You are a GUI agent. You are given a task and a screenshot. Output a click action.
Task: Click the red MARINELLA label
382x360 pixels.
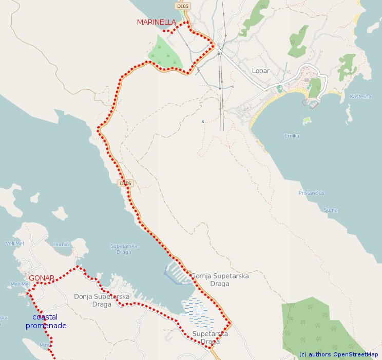tap(156, 22)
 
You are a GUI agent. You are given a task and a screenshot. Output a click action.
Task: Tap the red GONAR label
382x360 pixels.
tap(42, 278)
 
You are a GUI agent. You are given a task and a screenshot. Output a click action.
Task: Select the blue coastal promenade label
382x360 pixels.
tap(46, 321)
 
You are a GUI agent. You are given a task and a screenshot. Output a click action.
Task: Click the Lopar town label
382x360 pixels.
tap(260, 71)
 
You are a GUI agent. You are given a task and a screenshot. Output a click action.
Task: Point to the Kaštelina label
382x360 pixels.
tap(360, 96)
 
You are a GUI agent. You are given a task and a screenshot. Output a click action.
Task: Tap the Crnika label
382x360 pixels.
tap(292, 136)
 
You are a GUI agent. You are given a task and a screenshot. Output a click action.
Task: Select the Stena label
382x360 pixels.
tap(331, 210)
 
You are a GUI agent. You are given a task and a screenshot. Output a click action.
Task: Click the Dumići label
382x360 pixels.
tap(61, 245)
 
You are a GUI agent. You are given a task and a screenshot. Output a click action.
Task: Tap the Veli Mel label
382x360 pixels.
tap(14, 243)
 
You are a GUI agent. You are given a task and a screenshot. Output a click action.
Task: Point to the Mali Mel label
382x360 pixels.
tap(20, 284)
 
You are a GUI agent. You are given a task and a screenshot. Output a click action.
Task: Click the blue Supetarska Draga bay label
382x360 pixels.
tap(124, 249)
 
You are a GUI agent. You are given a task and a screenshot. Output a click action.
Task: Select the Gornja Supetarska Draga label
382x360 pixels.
tap(220, 279)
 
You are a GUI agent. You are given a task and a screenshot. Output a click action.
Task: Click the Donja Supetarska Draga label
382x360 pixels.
tap(102, 300)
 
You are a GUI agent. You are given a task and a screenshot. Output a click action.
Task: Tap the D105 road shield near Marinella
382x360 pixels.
tap(181, 6)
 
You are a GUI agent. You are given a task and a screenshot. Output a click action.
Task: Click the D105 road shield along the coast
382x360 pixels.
tap(125, 183)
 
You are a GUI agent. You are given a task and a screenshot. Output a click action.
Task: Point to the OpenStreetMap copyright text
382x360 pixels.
tap(338, 354)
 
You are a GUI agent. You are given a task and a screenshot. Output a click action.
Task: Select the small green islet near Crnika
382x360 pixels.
tap(308, 121)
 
